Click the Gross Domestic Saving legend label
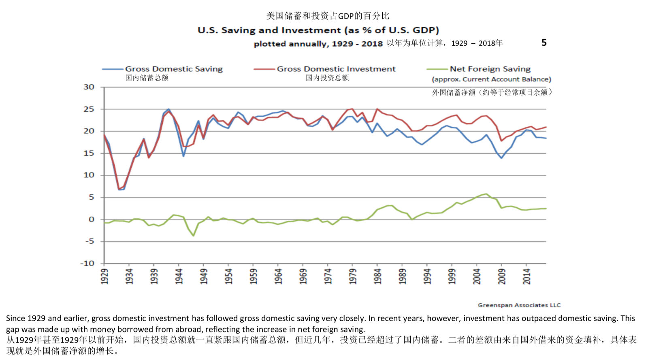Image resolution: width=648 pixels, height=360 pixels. point(174,69)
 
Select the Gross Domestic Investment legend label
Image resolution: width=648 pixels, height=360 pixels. point(336,69)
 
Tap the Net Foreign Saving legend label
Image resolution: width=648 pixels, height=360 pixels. point(490,69)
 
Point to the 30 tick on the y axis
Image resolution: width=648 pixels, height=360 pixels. point(89,87)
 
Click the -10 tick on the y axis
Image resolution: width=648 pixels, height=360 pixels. point(87,263)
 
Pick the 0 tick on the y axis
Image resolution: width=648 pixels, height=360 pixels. point(91,219)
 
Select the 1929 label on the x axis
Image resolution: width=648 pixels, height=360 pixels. point(104,276)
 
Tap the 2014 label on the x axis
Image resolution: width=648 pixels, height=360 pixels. point(526,276)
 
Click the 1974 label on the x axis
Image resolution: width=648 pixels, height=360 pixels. point(328,276)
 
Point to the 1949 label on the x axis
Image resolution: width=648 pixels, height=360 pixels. point(204,276)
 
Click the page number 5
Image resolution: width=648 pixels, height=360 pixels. point(544,43)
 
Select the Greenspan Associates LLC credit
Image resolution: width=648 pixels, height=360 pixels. point(519,305)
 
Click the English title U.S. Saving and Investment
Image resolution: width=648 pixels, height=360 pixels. point(318,30)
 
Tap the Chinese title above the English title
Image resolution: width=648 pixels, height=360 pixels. point(328,16)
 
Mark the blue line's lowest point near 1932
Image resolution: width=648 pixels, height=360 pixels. point(119,189)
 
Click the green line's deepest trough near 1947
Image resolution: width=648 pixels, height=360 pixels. point(194,236)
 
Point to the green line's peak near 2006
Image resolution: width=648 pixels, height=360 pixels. point(486,194)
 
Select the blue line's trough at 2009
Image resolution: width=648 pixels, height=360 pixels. point(501,158)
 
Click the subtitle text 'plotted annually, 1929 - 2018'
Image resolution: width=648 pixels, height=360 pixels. point(318,44)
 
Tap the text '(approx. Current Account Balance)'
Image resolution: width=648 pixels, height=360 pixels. point(491,79)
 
